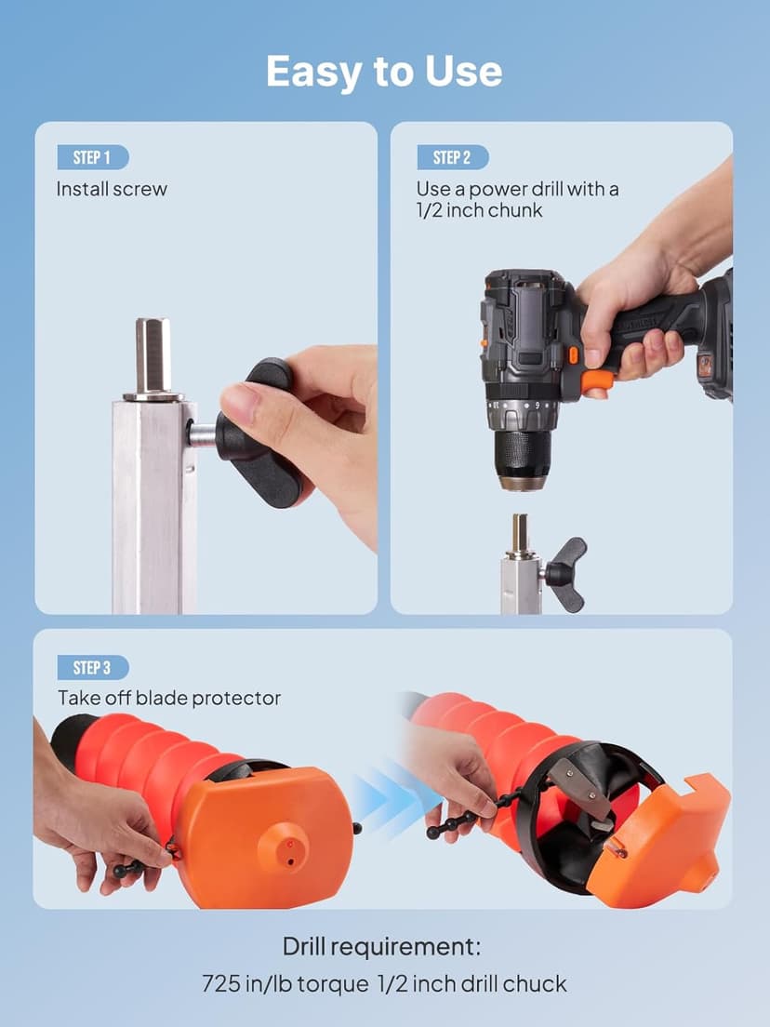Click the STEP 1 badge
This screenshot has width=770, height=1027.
point(92,157)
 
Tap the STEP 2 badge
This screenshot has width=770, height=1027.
point(453,157)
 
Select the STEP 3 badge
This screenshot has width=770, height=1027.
point(92,667)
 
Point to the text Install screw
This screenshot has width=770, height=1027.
point(112,189)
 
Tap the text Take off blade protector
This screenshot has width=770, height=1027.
point(169,699)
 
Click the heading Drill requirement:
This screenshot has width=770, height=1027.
point(381,947)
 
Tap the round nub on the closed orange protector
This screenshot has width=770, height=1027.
point(282,847)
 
